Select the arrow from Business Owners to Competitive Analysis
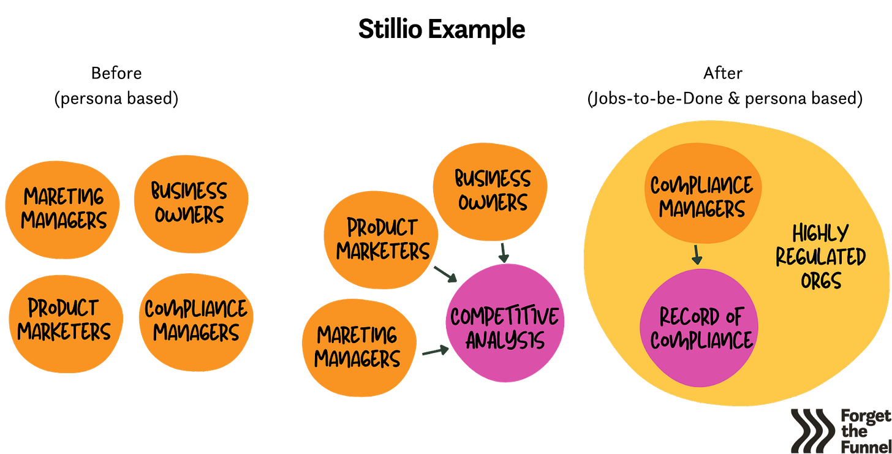[x=504, y=252]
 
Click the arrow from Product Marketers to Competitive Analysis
[x=445, y=274]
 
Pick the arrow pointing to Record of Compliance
[x=697, y=254]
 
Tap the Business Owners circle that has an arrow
[x=491, y=190]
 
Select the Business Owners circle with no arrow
[x=190, y=203]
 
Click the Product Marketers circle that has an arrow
[x=382, y=239]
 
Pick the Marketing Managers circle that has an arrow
[x=358, y=347]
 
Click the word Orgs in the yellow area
[x=820, y=281]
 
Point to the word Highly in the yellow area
[x=820, y=233]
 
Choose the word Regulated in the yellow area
[x=820, y=257]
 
